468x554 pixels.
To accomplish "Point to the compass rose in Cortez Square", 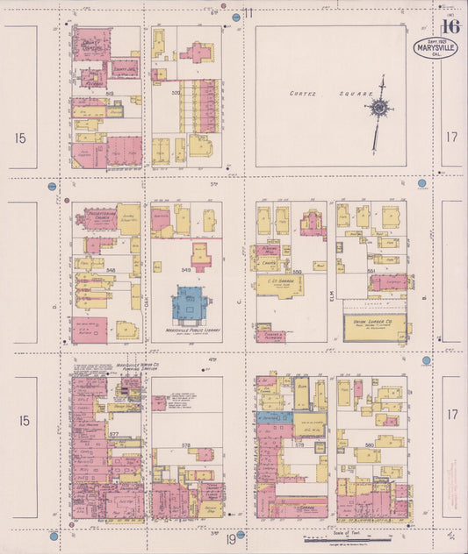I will [379, 108].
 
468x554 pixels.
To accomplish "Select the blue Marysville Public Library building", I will [190, 306].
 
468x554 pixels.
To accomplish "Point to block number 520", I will [175, 92].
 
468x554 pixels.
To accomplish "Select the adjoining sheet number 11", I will [248, 13].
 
